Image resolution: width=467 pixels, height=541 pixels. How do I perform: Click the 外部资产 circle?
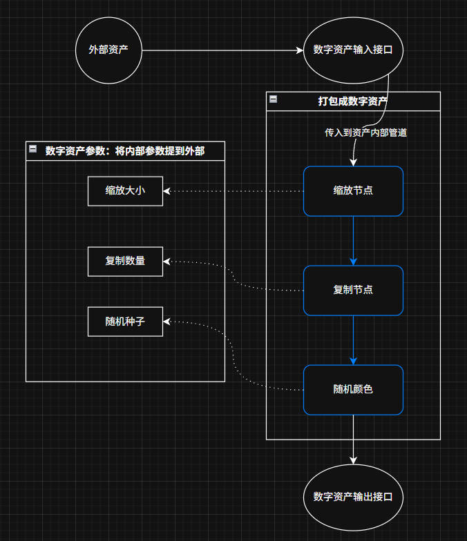click(108, 50)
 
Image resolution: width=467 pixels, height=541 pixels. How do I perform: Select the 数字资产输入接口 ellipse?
click(353, 50)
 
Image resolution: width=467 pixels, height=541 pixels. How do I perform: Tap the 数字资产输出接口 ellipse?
click(353, 497)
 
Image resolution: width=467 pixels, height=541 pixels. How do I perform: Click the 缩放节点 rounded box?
click(353, 190)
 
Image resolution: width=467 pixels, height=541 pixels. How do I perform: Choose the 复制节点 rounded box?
click(353, 290)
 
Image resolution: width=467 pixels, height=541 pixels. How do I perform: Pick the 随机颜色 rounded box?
click(353, 389)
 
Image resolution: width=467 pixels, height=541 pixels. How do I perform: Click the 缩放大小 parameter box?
click(125, 190)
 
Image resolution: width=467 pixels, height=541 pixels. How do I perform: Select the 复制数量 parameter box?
click(125, 261)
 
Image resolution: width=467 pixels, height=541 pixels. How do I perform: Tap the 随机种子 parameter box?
click(125, 322)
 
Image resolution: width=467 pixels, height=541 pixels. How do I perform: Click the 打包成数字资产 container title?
click(352, 101)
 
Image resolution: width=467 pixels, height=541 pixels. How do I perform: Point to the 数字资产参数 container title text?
click(125, 151)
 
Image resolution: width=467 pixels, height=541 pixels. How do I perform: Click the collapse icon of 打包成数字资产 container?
click(274, 100)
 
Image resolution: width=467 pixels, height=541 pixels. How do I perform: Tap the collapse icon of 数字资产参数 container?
click(32, 149)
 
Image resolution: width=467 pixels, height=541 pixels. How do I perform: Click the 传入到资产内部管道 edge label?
click(365, 132)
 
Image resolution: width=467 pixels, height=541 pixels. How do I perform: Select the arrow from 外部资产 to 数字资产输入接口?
click(221, 50)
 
